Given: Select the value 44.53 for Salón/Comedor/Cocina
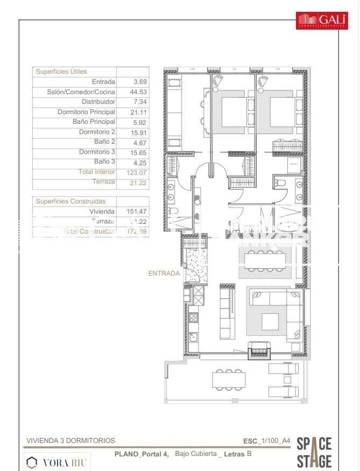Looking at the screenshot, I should tap(140, 92).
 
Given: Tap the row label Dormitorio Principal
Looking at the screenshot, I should tap(86, 112).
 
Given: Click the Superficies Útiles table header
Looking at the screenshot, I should tap(61, 72).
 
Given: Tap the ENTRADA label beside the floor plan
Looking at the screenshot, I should tap(164, 273).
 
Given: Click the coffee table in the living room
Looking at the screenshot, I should tap(271, 321).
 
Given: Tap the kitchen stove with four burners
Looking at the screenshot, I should tap(193, 316).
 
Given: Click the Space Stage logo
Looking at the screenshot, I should tap(314, 452).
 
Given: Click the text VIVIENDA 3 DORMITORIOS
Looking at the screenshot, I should tap(70, 440).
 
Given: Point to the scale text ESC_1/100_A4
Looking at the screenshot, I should tap(267, 440).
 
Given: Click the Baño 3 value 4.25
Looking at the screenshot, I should tap(139, 161).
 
